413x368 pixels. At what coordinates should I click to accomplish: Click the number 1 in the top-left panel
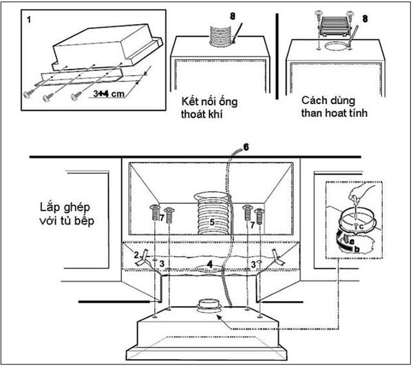(29, 19)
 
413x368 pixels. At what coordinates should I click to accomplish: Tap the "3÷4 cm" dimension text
(109, 94)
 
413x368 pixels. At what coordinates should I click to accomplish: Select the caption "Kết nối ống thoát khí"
(209, 108)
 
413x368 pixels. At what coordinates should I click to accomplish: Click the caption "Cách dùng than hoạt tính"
(334, 107)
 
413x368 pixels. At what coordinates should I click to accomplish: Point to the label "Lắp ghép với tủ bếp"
(67, 214)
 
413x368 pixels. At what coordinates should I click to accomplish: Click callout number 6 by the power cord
(246, 147)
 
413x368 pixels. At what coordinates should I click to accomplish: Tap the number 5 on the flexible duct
(212, 223)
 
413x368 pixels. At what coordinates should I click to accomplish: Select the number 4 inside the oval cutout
(210, 264)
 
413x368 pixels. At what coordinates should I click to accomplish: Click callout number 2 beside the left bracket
(136, 255)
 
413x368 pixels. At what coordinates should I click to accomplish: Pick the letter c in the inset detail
(361, 227)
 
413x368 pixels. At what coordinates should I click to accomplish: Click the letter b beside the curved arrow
(357, 249)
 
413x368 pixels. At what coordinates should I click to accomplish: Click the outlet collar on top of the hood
(210, 306)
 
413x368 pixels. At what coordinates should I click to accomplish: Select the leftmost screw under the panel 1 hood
(28, 94)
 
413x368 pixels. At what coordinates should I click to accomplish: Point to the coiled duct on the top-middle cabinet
(220, 36)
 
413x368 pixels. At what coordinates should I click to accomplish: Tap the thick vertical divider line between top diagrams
(277, 57)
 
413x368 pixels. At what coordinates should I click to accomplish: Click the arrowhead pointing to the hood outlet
(219, 318)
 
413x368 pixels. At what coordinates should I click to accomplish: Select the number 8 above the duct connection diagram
(233, 17)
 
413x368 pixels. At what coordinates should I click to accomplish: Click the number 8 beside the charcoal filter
(365, 19)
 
